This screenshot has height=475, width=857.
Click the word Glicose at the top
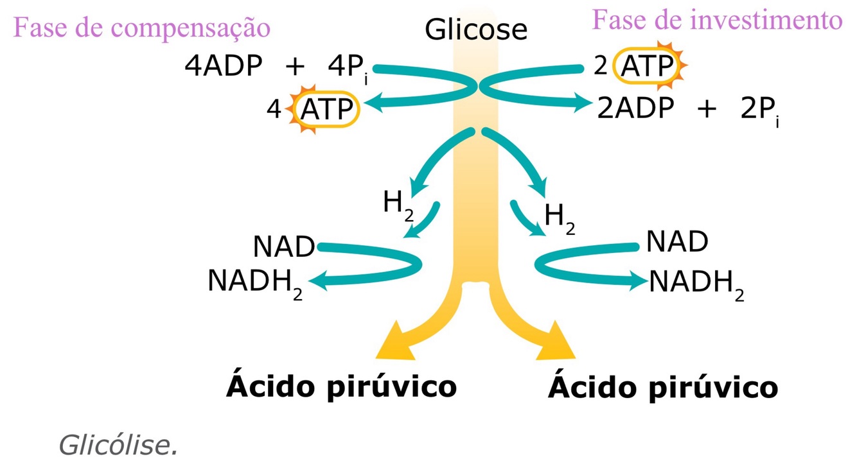point(476,29)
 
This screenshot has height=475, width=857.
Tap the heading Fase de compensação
point(141,28)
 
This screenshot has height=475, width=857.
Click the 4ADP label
point(224,66)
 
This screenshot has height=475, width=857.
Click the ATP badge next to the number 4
point(326,110)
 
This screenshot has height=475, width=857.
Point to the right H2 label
point(559,218)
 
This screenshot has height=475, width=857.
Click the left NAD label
point(283,246)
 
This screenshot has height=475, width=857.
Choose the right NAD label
point(676,241)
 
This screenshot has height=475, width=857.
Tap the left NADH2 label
point(254,282)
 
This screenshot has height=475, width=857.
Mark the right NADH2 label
point(696,283)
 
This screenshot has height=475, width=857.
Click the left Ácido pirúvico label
point(341,387)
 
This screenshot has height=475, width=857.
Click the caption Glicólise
point(118,445)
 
